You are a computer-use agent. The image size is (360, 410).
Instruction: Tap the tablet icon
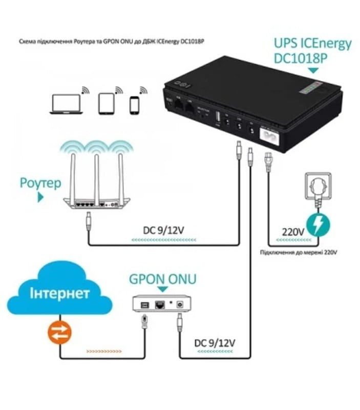coord(105,104)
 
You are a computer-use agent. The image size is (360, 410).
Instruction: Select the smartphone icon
coord(134,105)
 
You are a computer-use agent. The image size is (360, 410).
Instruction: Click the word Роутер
coord(41,183)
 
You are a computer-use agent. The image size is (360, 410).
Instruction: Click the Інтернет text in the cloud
coord(60,294)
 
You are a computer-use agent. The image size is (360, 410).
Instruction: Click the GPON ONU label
coord(162,279)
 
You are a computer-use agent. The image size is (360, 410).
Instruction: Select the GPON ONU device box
coord(159,304)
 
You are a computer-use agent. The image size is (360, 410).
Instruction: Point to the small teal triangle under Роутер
coord(39,197)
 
